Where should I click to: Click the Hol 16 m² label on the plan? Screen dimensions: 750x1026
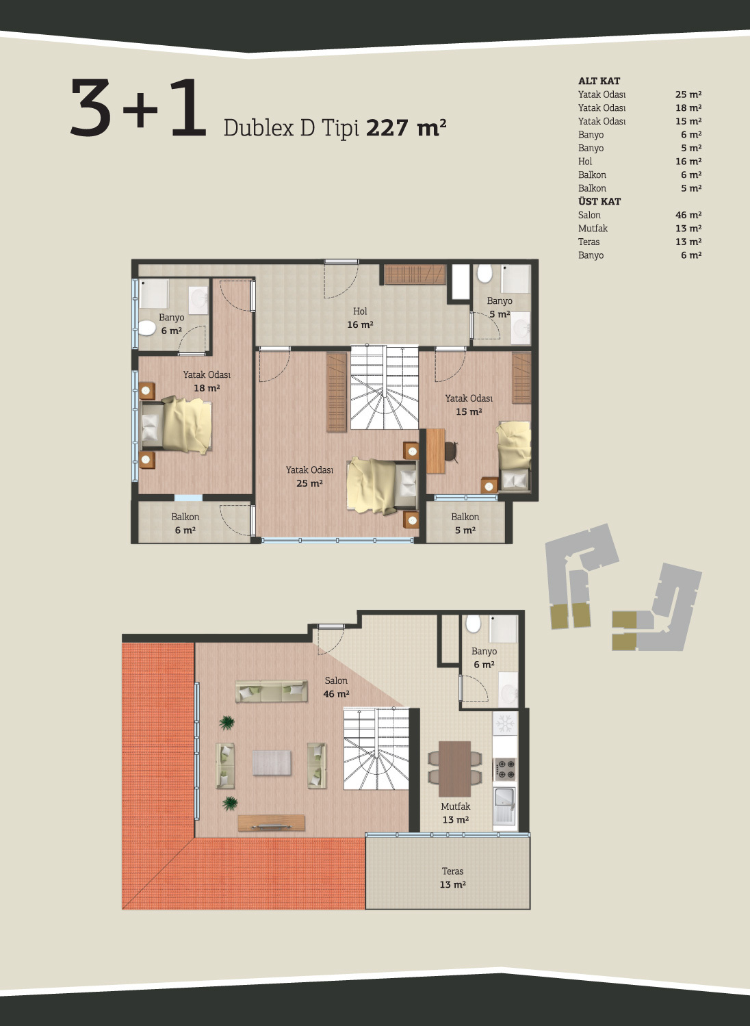(360, 318)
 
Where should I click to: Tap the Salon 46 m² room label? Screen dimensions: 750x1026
(336, 687)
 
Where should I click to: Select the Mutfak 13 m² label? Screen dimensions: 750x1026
(456, 813)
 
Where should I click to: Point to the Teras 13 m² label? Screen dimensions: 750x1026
(452, 878)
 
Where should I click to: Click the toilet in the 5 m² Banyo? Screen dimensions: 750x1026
(484, 274)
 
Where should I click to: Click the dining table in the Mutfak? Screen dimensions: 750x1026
(454, 769)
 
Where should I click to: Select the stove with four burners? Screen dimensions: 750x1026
(505, 769)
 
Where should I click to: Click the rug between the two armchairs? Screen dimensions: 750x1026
(271, 762)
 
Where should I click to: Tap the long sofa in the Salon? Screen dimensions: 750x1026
(271, 691)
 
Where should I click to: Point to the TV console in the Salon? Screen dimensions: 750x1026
(271, 823)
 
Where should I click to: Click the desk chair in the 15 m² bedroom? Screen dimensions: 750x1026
(452, 450)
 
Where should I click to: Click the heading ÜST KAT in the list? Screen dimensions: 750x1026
(599, 201)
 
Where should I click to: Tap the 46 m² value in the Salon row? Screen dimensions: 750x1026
(688, 215)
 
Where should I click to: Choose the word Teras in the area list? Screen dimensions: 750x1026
(589, 242)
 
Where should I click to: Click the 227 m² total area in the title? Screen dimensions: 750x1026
(406, 127)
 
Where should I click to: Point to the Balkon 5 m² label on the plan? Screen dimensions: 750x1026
(465, 524)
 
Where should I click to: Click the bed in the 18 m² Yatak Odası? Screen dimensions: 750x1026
(177, 425)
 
